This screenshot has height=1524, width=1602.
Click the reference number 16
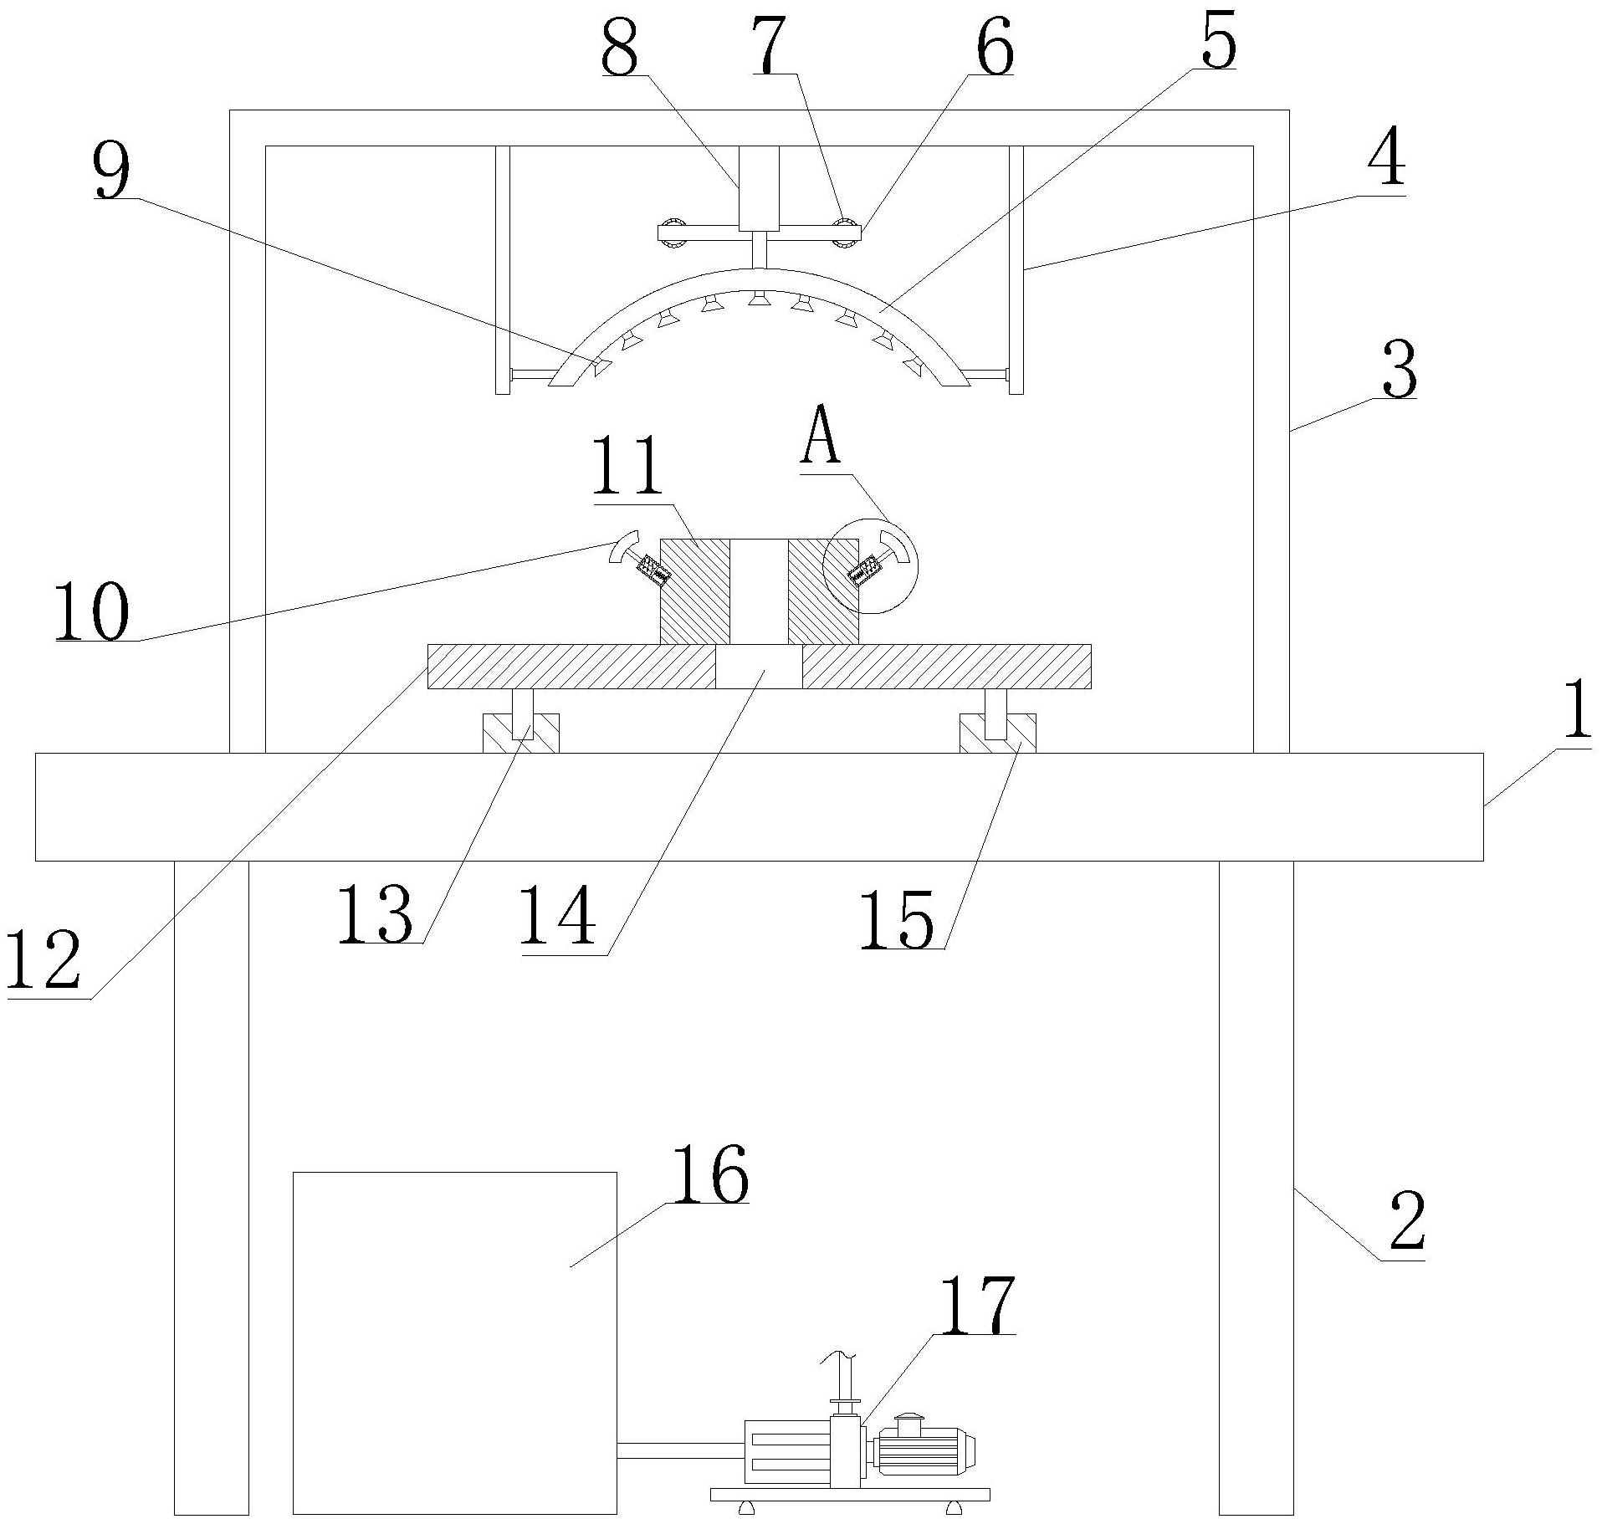coord(709,1174)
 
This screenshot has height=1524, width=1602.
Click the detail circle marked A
coord(870,565)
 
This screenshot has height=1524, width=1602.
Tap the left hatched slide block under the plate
coord(520,734)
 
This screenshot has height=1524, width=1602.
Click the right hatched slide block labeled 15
coord(997,734)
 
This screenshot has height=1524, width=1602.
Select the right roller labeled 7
coord(847,232)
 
